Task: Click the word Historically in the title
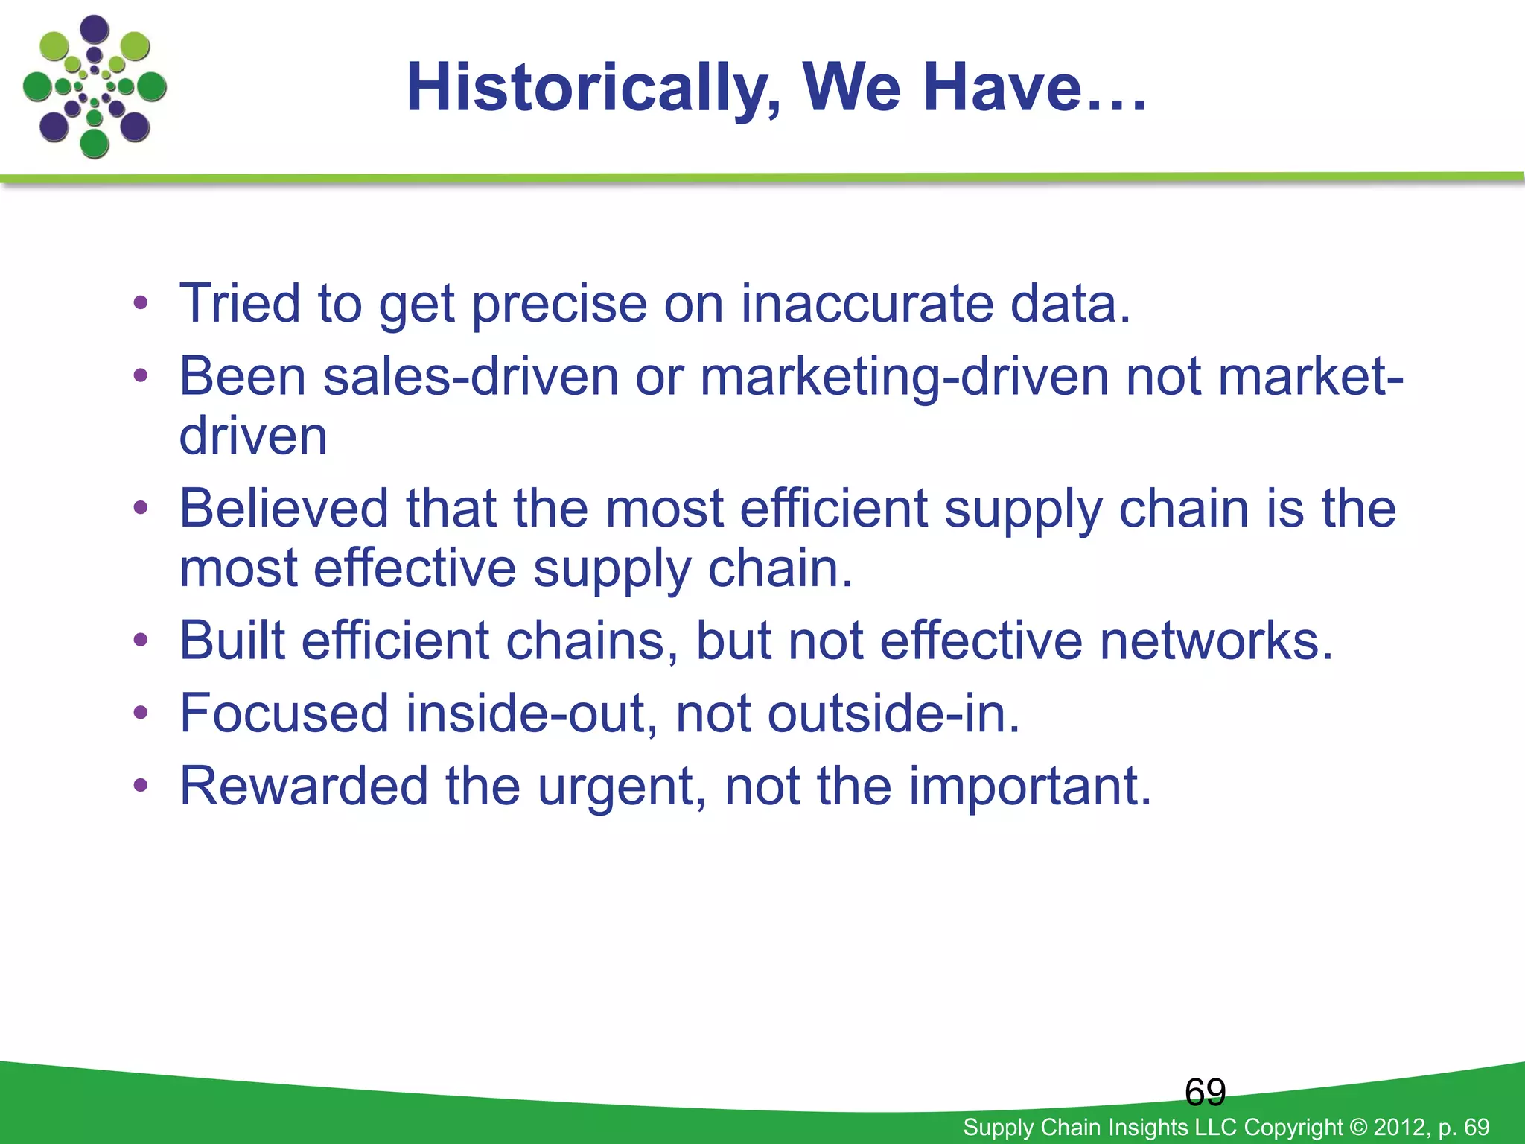click(592, 89)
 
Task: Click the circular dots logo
click(95, 87)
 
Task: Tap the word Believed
click(284, 509)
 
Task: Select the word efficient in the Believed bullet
click(833, 509)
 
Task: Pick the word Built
click(232, 641)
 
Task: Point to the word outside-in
click(893, 714)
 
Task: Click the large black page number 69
click(1205, 1092)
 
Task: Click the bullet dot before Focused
click(141, 714)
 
